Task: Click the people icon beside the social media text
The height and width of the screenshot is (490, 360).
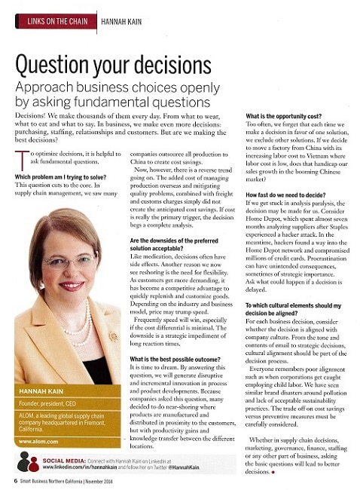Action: pos(28,461)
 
